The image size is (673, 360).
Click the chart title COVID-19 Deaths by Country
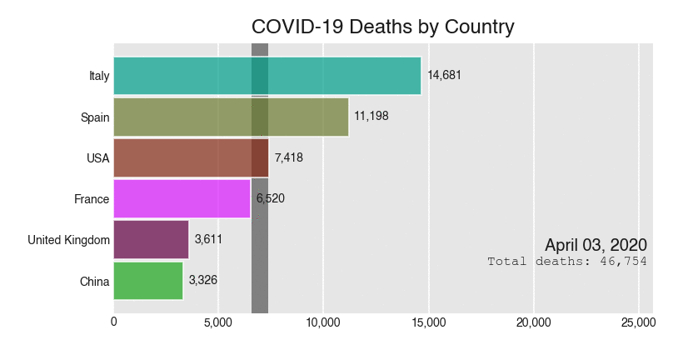[x=382, y=27]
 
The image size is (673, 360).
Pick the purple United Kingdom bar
[x=151, y=240]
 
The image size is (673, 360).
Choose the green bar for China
[x=148, y=281]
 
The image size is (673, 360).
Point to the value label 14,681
[x=444, y=75]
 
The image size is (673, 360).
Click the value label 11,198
[x=371, y=117]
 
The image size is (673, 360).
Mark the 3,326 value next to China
[x=203, y=281]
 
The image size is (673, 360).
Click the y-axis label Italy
[x=99, y=76]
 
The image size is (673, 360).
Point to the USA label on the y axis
[x=97, y=158]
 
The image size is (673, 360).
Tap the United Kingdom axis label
[x=68, y=240]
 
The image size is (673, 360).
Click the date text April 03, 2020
[x=596, y=245]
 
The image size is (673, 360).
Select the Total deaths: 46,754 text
[x=567, y=262]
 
